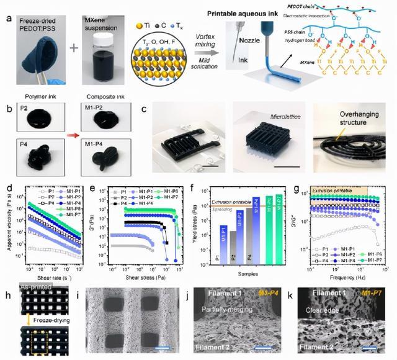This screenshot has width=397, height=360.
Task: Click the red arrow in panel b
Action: [70, 133]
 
